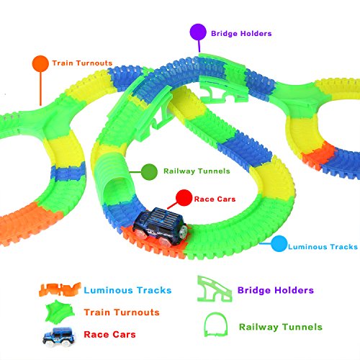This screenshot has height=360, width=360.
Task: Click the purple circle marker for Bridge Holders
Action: click(198, 32)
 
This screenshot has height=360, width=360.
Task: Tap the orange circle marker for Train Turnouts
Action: click(40, 63)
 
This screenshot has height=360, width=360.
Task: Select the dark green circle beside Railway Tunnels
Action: click(149, 172)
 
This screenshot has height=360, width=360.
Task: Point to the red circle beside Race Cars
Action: click(184, 198)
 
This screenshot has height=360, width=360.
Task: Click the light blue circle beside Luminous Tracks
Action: click(279, 243)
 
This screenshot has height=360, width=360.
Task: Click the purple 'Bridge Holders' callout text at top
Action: click(241, 34)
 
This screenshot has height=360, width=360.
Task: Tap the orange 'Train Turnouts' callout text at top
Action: click(82, 63)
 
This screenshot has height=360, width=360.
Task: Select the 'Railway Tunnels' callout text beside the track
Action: click(197, 171)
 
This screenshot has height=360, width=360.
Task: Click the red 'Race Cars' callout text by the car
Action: click(215, 199)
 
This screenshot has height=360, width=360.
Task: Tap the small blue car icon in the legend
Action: click(59, 336)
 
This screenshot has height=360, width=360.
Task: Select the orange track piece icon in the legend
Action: click(60, 289)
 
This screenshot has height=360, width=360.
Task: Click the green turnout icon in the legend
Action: click(60, 311)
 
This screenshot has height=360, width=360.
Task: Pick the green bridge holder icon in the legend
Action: click(215, 289)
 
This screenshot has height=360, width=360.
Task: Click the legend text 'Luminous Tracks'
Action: click(127, 290)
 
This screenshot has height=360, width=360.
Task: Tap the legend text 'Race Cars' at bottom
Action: click(109, 335)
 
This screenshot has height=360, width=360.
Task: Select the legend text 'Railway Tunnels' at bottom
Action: click(281, 327)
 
